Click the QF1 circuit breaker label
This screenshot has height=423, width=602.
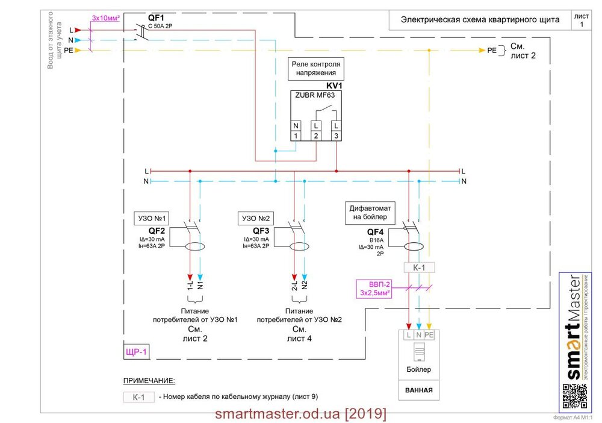[x=157, y=18]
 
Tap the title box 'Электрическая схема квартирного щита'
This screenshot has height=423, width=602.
[x=480, y=20]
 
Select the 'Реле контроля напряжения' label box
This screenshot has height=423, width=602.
[x=316, y=68]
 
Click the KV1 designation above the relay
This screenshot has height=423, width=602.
[x=334, y=86]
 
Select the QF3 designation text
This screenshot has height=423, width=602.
[x=261, y=231]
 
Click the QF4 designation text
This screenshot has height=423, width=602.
[x=375, y=231]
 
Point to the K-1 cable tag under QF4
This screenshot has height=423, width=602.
[x=418, y=267]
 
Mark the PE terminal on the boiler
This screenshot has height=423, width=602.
[x=429, y=334]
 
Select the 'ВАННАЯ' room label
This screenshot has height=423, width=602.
[x=418, y=390]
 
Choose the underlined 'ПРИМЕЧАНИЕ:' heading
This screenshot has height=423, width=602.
[x=149, y=381]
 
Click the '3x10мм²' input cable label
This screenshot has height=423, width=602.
[x=106, y=18]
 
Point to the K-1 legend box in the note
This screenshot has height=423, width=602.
[x=138, y=397]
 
